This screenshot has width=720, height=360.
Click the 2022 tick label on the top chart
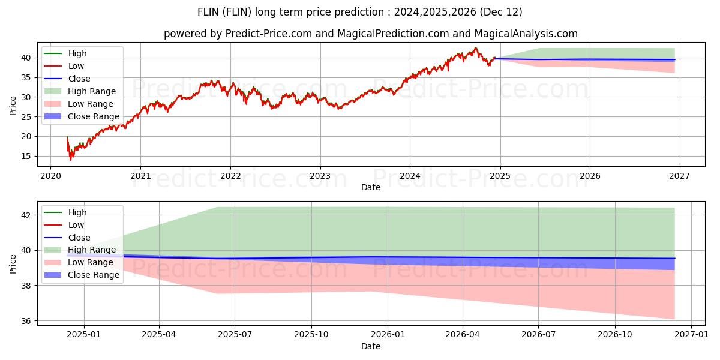click(230, 176)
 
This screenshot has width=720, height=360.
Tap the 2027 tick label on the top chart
click(679, 176)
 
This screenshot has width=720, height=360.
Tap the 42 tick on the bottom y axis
click(28, 215)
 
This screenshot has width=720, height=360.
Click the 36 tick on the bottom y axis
click(28, 321)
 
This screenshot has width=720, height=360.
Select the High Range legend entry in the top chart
click(91, 91)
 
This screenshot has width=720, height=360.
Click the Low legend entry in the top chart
click(76, 66)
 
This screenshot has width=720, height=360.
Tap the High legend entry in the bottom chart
click(77, 212)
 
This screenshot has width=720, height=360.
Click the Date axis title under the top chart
click(371, 187)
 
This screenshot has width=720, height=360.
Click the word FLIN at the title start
click(209, 12)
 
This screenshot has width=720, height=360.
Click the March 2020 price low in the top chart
click(71, 160)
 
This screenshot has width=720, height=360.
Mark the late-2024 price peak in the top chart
click(476, 48)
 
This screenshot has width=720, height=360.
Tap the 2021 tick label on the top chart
click(140, 176)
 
